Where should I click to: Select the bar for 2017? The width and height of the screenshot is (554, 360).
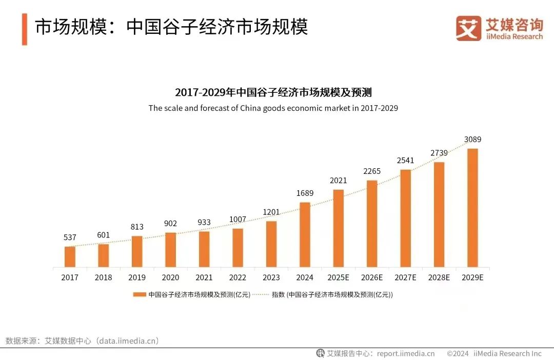(70, 256)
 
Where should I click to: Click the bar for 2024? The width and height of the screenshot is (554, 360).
(305, 234)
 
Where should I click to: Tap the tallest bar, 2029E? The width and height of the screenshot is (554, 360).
(472, 208)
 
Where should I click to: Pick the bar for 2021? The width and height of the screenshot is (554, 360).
(204, 249)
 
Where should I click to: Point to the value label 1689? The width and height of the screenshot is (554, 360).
(305, 193)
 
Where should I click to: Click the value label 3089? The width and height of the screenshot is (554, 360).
(472, 139)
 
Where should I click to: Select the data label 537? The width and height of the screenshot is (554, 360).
(70, 237)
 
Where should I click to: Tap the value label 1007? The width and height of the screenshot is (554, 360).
(238, 219)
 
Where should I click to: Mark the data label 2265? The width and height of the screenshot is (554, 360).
(372, 171)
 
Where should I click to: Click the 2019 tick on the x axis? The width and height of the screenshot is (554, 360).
(137, 277)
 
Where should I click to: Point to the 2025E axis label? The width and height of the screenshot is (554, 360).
(338, 277)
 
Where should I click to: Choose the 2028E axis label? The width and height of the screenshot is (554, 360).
(439, 277)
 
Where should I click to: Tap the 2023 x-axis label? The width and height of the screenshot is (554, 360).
(271, 277)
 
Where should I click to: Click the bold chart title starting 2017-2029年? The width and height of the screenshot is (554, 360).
(273, 93)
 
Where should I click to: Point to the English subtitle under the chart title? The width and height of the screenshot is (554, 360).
(273, 108)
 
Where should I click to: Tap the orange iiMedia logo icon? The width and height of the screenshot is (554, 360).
(468, 29)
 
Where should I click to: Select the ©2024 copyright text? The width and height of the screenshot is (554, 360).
(458, 353)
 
